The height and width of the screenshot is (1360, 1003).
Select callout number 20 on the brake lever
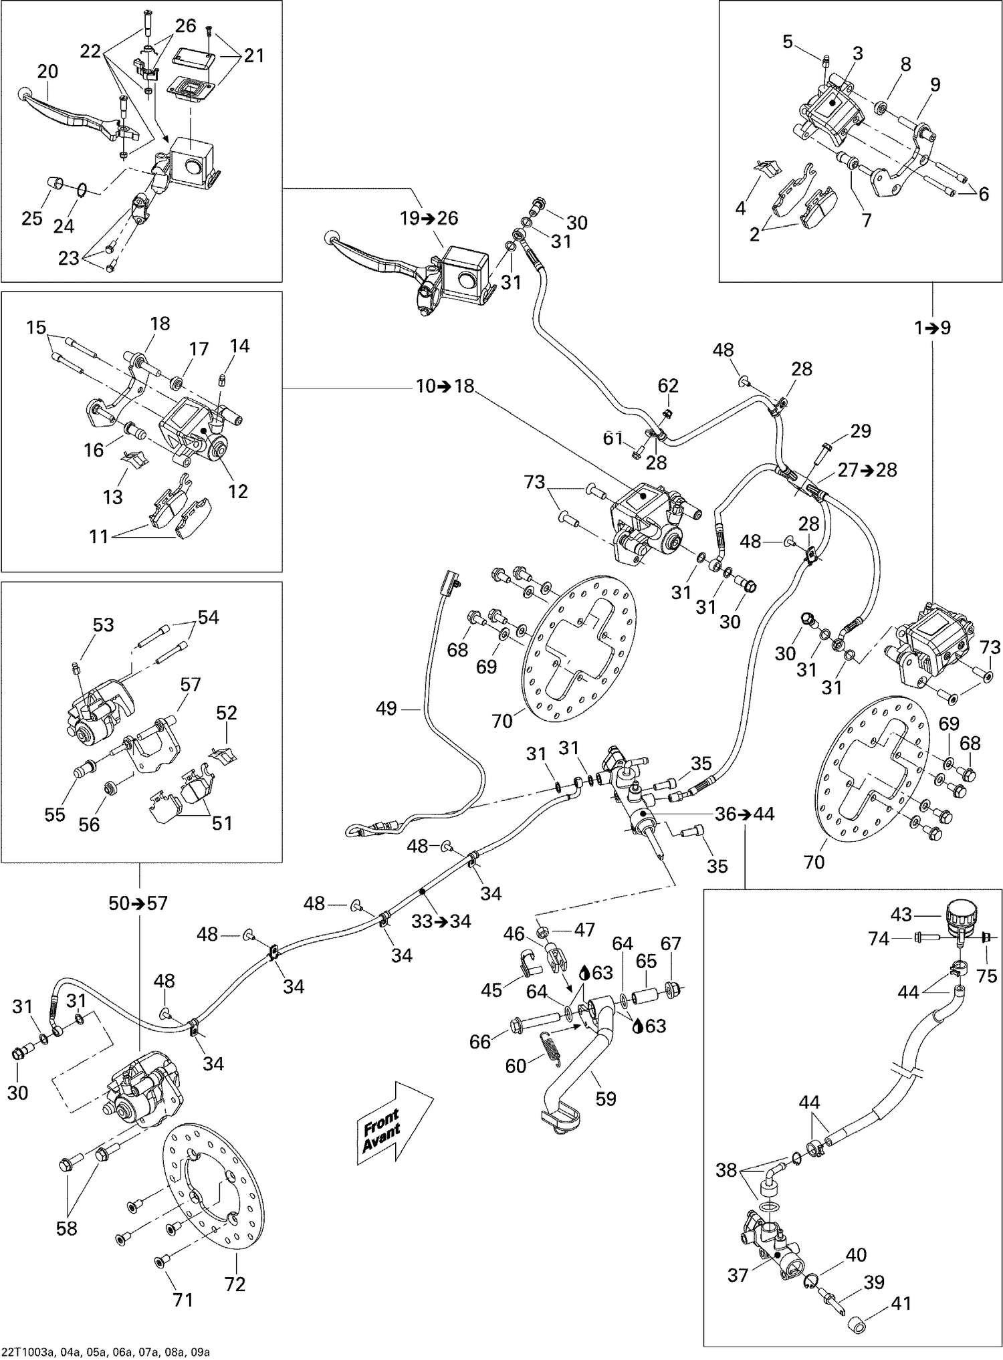point(47,71)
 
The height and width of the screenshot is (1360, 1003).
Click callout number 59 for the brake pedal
point(605,1098)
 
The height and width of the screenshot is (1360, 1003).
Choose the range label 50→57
point(138,903)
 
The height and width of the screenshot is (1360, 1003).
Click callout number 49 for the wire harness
point(386,708)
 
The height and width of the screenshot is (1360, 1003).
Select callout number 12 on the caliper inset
point(237,491)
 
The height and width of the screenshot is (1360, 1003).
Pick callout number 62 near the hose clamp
point(667,386)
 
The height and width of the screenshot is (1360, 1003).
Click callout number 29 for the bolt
point(860,431)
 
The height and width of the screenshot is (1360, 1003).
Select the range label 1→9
point(933,328)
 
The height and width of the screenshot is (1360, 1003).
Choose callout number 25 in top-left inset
point(31,219)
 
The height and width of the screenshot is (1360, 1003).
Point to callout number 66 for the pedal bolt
point(480,1041)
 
